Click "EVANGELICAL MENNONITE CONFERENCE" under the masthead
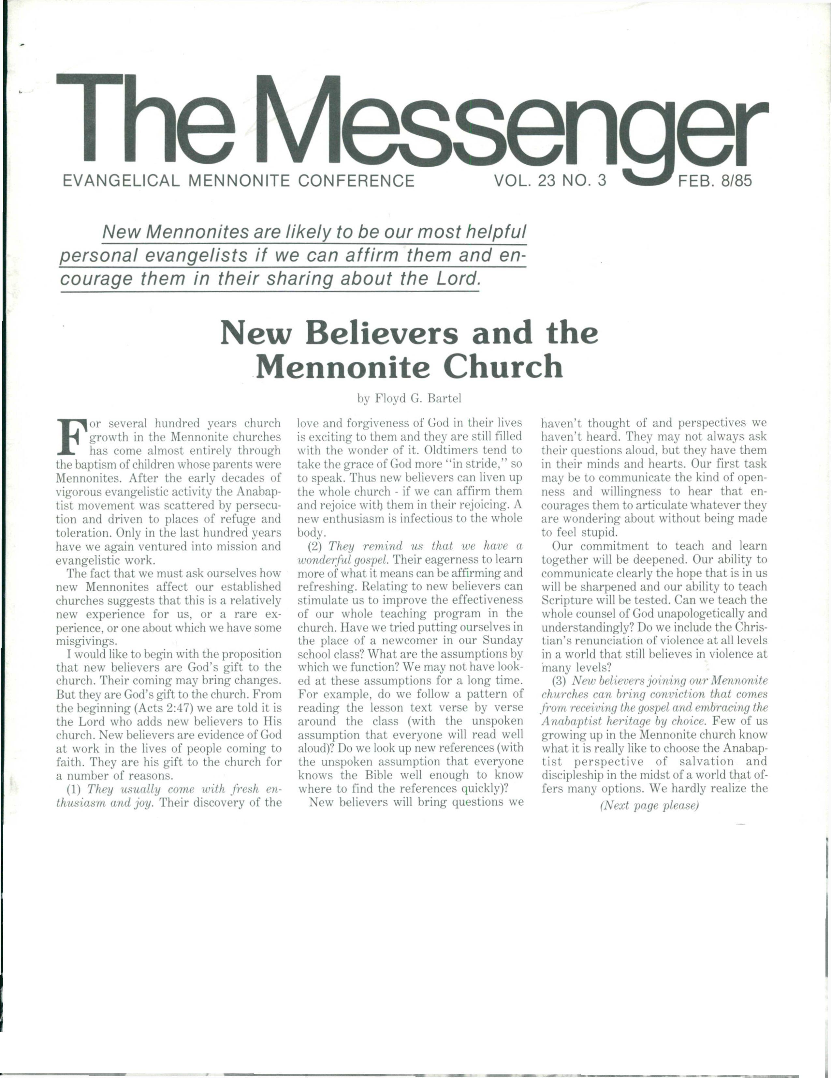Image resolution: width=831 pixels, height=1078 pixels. click(239, 181)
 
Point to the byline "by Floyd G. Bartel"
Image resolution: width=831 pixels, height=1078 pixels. click(409, 398)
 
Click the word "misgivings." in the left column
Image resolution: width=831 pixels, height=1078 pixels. click(87, 641)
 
